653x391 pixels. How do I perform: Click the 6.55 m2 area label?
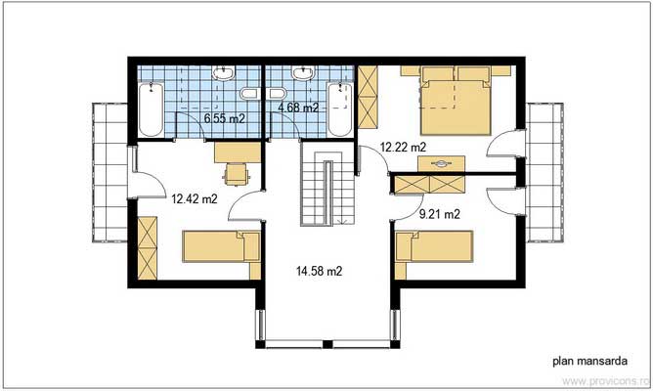tap(223, 118)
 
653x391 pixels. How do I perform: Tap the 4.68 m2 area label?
tap(298, 108)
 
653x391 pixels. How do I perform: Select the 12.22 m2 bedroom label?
tap(403, 147)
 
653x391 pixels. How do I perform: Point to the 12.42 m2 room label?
tap(194, 198)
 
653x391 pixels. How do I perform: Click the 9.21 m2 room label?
tap(439, 212)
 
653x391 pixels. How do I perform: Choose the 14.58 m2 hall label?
tap(320, 270)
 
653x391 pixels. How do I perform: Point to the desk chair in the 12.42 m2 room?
tap(236, 173)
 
